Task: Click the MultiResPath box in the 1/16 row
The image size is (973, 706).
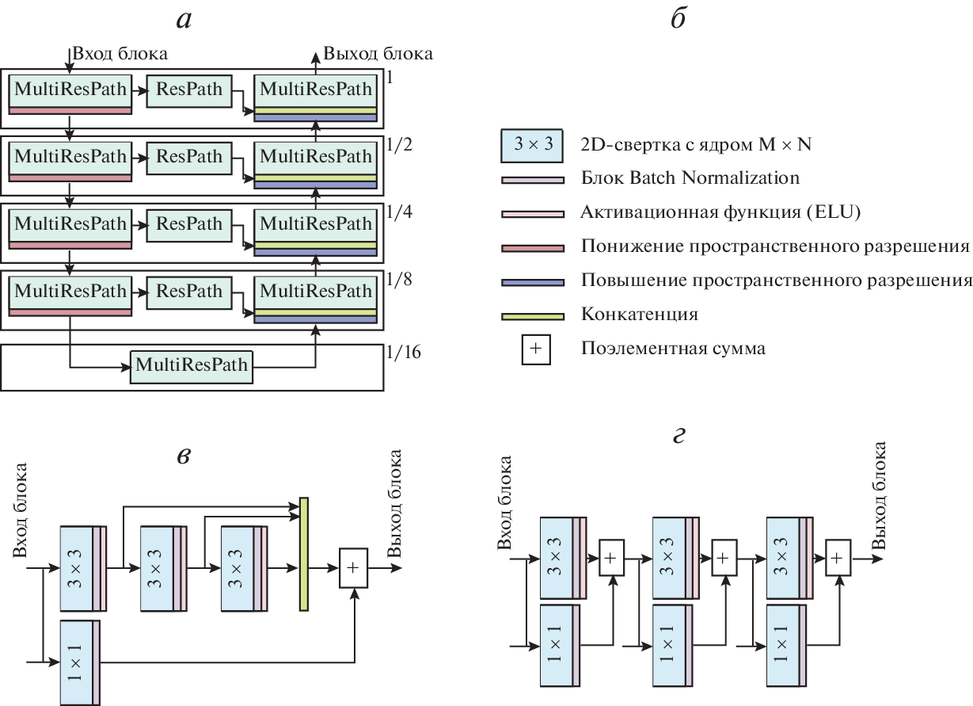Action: (x=192, y=366)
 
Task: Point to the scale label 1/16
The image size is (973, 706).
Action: (x=403, y=352)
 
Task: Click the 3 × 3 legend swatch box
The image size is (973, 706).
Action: (x=532, y=144)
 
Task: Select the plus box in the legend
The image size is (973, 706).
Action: (x=534, y=348)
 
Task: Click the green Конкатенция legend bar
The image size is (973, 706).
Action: (x=532, y=316)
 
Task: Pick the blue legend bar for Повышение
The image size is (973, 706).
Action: (x=532, y=282)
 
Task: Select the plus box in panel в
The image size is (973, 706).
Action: (x=353, y=568)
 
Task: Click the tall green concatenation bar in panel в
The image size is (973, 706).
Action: (x=303, y=555)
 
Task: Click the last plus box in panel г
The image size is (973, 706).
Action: (x=838, y=558)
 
